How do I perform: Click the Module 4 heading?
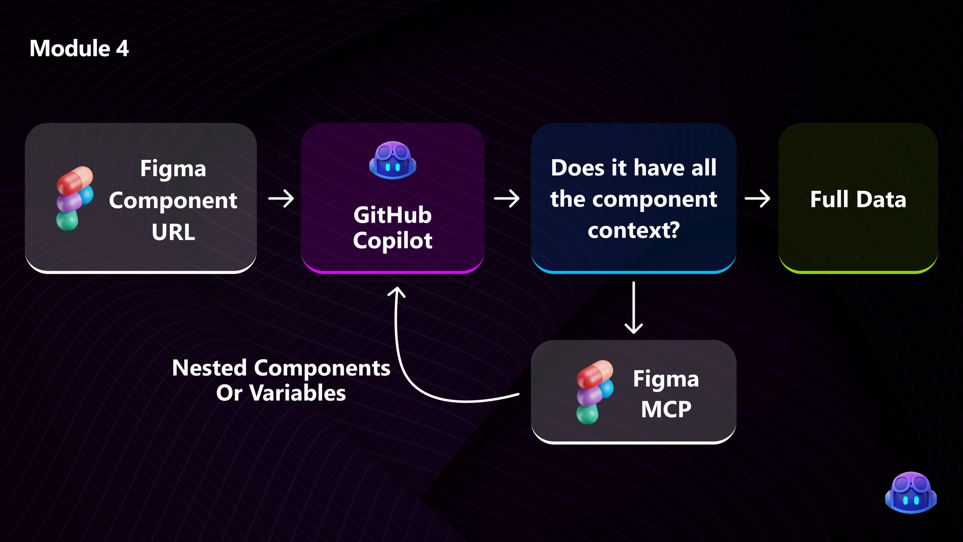pyautogui.click(x=79, y=49)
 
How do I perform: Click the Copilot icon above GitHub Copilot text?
pyautogui.click(x=392, y=160)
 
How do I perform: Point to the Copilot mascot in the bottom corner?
pyautogui.click(x=911, y=492)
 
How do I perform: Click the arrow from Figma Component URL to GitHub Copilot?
pyautogui.click(x=281, y=198)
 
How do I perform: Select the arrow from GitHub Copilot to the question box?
pyautogui.click(x=507, y=198)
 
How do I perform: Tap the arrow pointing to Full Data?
pyautogui.click(x=757, y=198)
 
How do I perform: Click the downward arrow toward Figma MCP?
pyautogui.click(x=634, y=308)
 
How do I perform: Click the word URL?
pyautogui.click(x=173, y=233)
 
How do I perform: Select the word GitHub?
pyautogui.click(x=392, y=215)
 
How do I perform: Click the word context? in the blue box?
pyautogui.click(x=634, y=230)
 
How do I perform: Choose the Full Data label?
pyautogui.click(x=858, y=199)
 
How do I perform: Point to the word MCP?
pyautogui.click(x=666, y=410)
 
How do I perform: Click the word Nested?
pyautogui.click(x=209, y=369)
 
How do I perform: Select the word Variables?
pyautogui.click(x=298, y=393)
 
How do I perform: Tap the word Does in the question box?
pyautogui.click(x=577, y=168)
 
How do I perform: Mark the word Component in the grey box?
pyautogui.click(x=173, y=201)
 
